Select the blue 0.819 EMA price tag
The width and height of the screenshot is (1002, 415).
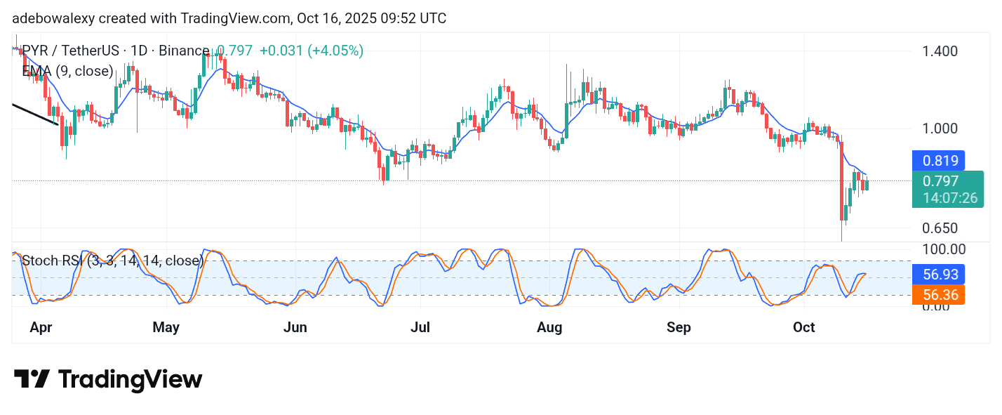tap(938, 161)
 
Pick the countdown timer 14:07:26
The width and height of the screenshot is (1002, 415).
tap(949, 198)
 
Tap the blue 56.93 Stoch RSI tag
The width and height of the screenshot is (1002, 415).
tap(938, 274)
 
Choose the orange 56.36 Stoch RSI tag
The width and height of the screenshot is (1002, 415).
tap(938, 295)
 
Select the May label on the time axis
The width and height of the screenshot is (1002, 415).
tap(166, 327)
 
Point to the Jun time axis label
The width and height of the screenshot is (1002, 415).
tap(295, 327)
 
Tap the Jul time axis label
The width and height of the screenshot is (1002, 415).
tap(420, 327)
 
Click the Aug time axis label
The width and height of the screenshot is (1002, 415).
tap(549, 327)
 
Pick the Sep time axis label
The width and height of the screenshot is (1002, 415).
tap(679, 327)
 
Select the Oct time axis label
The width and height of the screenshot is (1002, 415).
tap(803, 327)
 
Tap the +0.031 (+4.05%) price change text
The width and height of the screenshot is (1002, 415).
tap(311, 51)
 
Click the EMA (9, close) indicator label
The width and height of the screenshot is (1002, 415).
tap(67, 71)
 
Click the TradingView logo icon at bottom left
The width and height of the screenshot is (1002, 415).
tap(32, 380)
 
